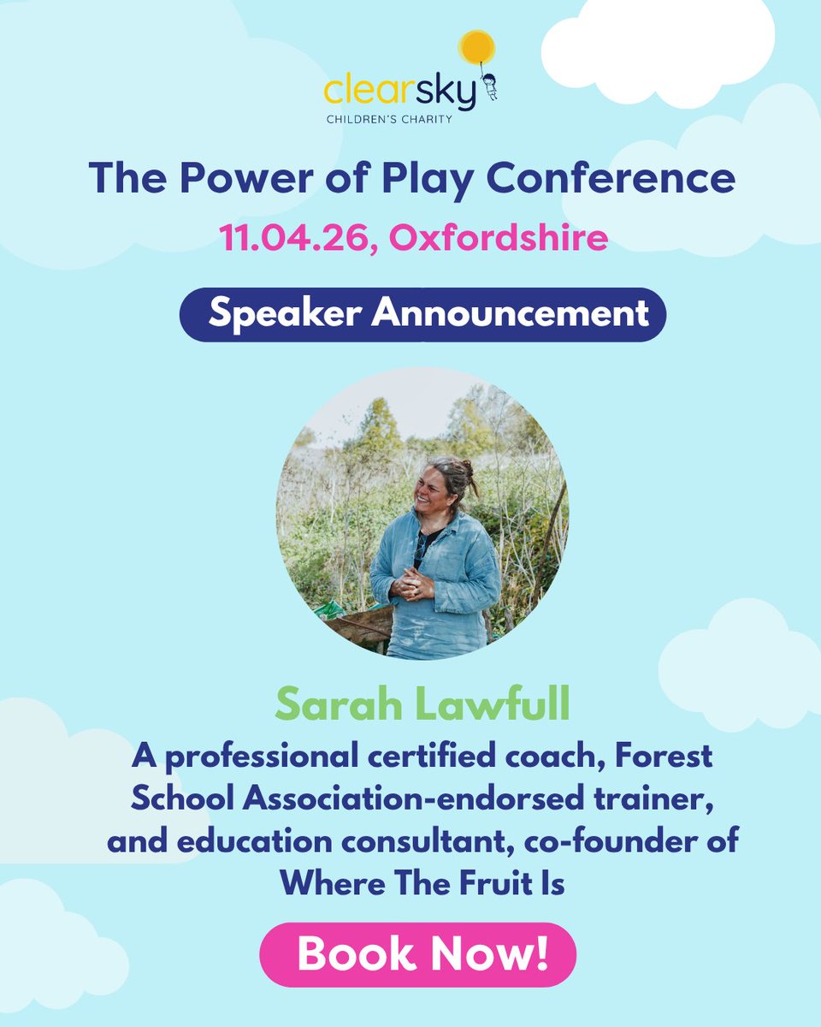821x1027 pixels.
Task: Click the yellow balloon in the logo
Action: click(x=478, y=46)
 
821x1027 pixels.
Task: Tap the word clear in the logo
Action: click(x=362, y=93)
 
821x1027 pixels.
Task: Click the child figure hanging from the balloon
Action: click(x=490, y=86)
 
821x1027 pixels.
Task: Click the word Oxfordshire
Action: click(x=499, y=237)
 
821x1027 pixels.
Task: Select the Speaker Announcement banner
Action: click(x=422, y=314)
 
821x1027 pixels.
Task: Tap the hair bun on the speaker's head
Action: click(x=469, y=470)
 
